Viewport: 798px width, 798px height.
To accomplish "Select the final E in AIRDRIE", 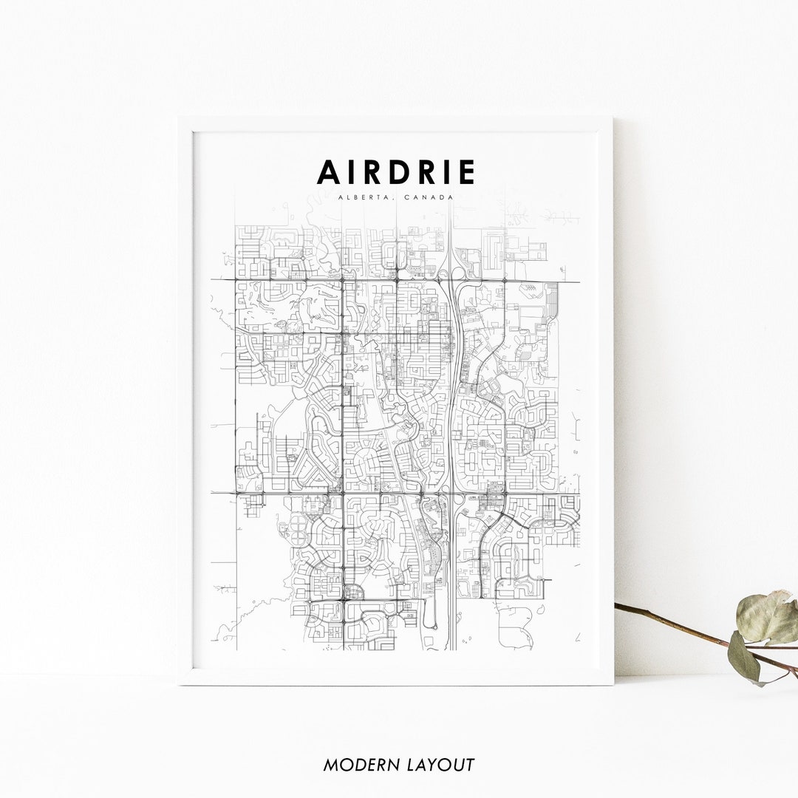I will point(466,172).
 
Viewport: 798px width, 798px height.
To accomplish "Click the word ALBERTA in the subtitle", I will point(361,197).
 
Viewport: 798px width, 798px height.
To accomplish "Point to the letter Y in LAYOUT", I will point(435,765).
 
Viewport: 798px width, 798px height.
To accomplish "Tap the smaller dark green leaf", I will point(743,656).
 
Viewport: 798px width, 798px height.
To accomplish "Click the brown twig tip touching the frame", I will point(618,605).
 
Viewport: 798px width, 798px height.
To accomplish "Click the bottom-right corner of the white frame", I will point(612,683).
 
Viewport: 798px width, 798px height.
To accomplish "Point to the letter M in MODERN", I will point(330,765).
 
